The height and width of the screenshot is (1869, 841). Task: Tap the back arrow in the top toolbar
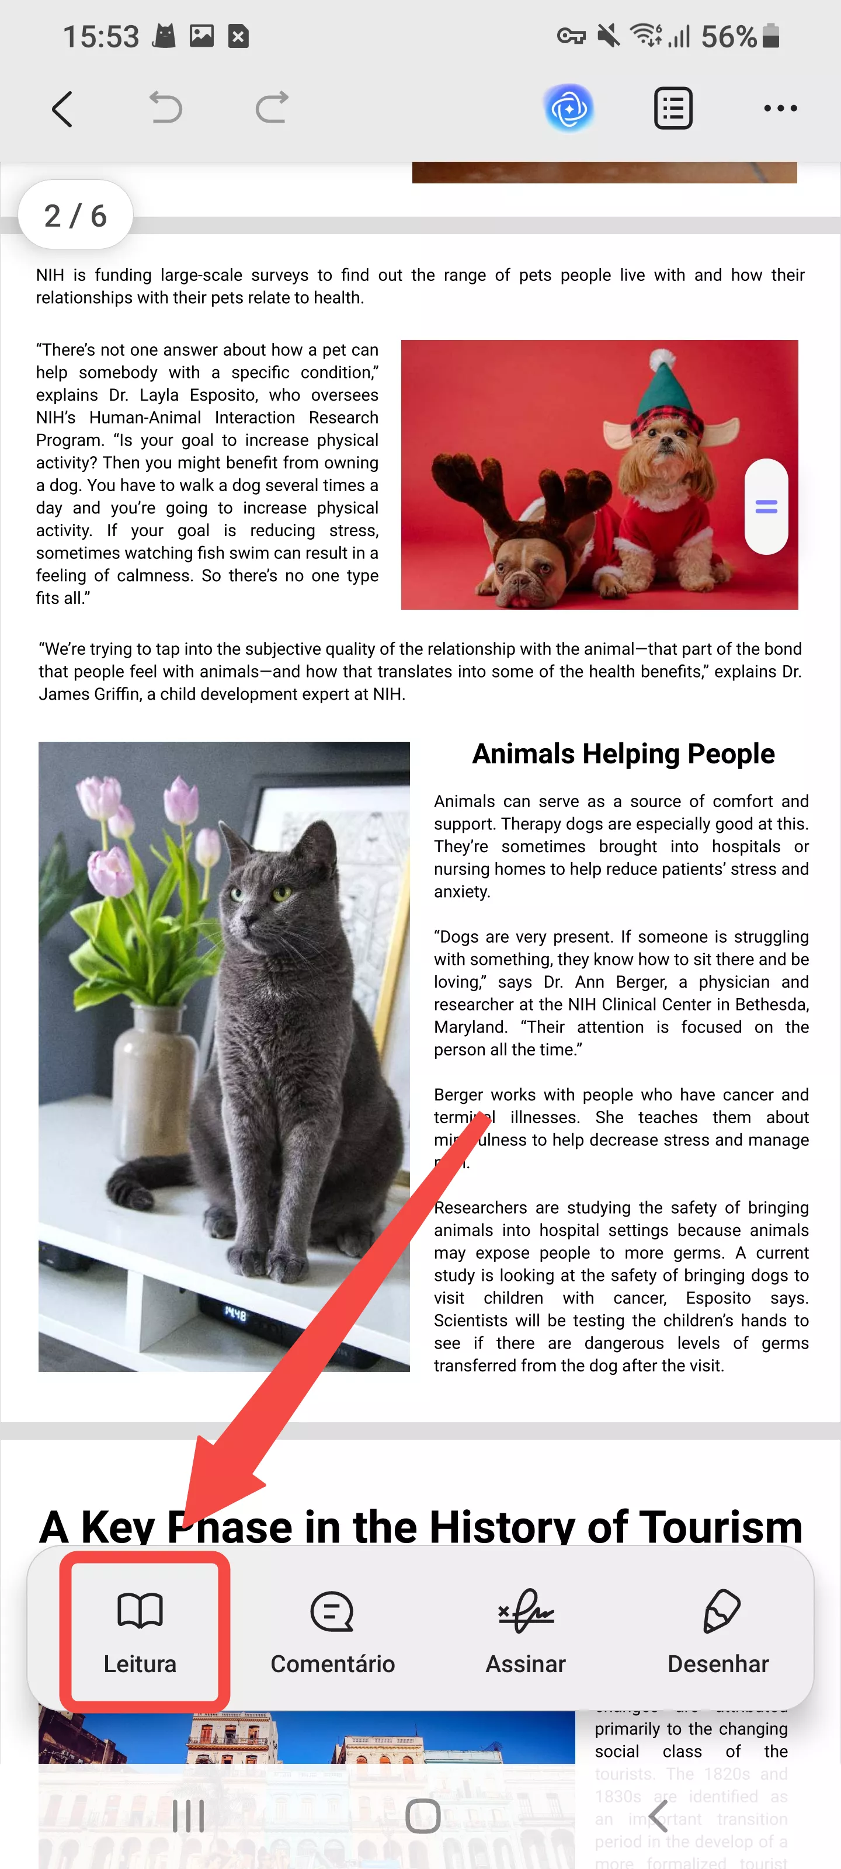tap(62, 109)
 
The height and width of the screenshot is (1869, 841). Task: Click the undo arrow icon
tap(165, 108)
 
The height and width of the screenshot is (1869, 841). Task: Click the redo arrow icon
tap(272, 108)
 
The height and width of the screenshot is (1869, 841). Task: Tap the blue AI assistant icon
tap(569, 109)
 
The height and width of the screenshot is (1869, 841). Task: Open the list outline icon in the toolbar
tap(673, 109)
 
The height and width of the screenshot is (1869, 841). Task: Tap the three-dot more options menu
tap(780, 109)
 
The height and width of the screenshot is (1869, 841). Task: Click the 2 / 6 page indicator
tap(75, 216)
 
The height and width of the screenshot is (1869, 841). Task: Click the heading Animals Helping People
tap(623, 754)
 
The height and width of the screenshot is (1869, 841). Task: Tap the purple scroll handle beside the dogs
tap(766, 506)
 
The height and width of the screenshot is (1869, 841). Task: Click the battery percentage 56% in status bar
tap(728, 36)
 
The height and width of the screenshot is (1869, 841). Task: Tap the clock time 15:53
tap(101, 36)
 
